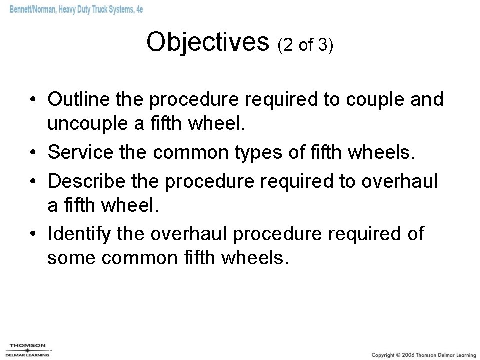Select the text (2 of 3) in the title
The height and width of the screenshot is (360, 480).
pos(305,45)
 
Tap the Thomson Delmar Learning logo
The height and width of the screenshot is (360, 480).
pos(28,349)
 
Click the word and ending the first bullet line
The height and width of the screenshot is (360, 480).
pos(426,99)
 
